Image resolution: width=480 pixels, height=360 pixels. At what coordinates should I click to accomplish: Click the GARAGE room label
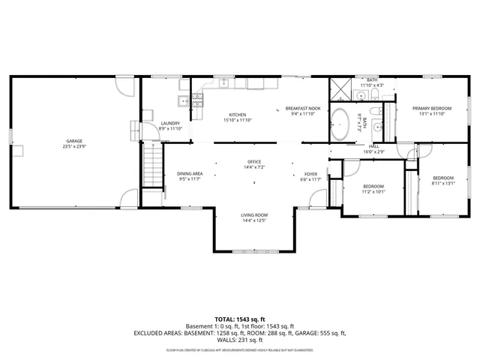pyautogui.click(x=73, y=141)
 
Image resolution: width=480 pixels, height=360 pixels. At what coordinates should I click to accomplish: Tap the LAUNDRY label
pyautogui.click(x=170, y=124)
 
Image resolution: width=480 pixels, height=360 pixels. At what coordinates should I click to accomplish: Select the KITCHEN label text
pyautogui.click(x=237, y=115)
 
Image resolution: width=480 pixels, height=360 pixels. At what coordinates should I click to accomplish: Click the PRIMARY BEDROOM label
pyautogui.click(x=432, y=109)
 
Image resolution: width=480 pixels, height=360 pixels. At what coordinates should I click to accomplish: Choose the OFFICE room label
pyautogui.click(x=254, y=162)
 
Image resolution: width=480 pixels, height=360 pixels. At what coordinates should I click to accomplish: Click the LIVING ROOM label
pyautogui.click(x=254, y=216)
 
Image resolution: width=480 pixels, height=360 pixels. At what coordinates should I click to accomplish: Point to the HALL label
pyautogui.click(x=373, y=146)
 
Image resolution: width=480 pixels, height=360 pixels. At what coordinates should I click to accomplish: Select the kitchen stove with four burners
pyautogui.click(x=199, y=97)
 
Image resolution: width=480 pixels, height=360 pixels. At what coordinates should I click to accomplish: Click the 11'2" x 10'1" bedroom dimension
pyautogui.click(x=373, y=191)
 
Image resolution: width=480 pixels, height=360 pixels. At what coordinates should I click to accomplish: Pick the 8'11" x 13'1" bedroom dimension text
pyautogui.click(x=443, y=183)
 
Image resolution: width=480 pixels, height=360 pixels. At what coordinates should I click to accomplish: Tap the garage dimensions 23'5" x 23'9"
pyautogui.click(x=73, y=146)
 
